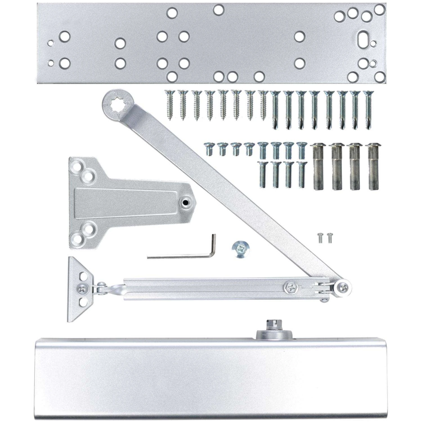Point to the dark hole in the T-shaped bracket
pyautogui.click(x=185, y=202)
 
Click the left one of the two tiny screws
pyautogui.click(x=320, y=238)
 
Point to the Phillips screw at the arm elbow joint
pyautogui.click(x=344, y=288)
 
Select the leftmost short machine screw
pyautogui.click(x=209, y=149)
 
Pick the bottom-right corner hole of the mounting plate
pyautogui.click(x=380, y=76)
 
